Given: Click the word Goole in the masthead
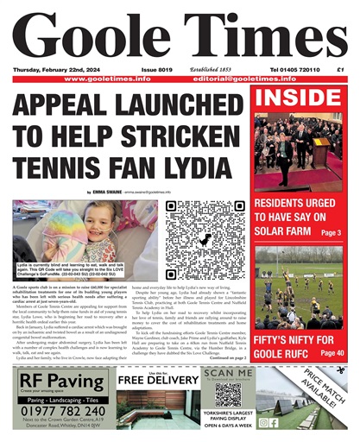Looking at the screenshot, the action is click(95, 36).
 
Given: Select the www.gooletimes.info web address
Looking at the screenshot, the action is click(107, 79).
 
